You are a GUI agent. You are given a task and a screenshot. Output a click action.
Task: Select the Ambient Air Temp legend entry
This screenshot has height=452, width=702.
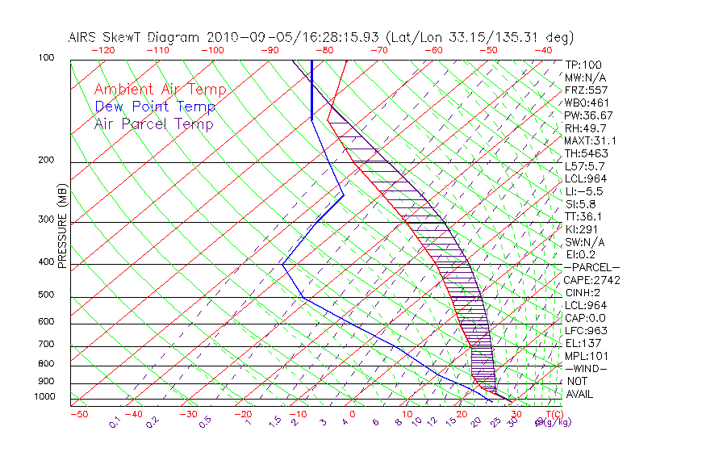click(x=160, y=90)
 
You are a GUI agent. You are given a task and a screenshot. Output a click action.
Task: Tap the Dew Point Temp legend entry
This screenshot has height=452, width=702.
click(x=154, y=107)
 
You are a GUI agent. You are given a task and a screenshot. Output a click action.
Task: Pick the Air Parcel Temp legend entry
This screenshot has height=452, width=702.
click(x=153, y=123)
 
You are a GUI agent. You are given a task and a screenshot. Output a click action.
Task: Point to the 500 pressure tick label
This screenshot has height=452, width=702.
click(x=47, y=295)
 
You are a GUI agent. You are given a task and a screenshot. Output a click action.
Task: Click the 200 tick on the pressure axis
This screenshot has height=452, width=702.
click(x=47, y=161)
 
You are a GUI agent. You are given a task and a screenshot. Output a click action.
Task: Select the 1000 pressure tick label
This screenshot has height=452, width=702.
click(x=44, y=397)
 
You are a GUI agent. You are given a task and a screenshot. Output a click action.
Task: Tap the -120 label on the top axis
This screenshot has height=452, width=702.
click(x=102, y=50)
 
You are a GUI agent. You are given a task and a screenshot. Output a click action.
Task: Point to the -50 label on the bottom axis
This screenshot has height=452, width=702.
click(x=78, y=414)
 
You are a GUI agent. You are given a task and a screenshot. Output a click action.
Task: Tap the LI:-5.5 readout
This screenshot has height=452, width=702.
click(x=583, y=191)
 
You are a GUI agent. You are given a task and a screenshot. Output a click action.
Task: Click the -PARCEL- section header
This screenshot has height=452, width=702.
click(x=591, y=267)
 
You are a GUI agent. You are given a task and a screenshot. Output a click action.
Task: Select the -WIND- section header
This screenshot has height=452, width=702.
click(x=585, y=368)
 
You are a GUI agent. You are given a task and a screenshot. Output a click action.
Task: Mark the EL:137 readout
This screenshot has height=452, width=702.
click(x=581, y=343)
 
